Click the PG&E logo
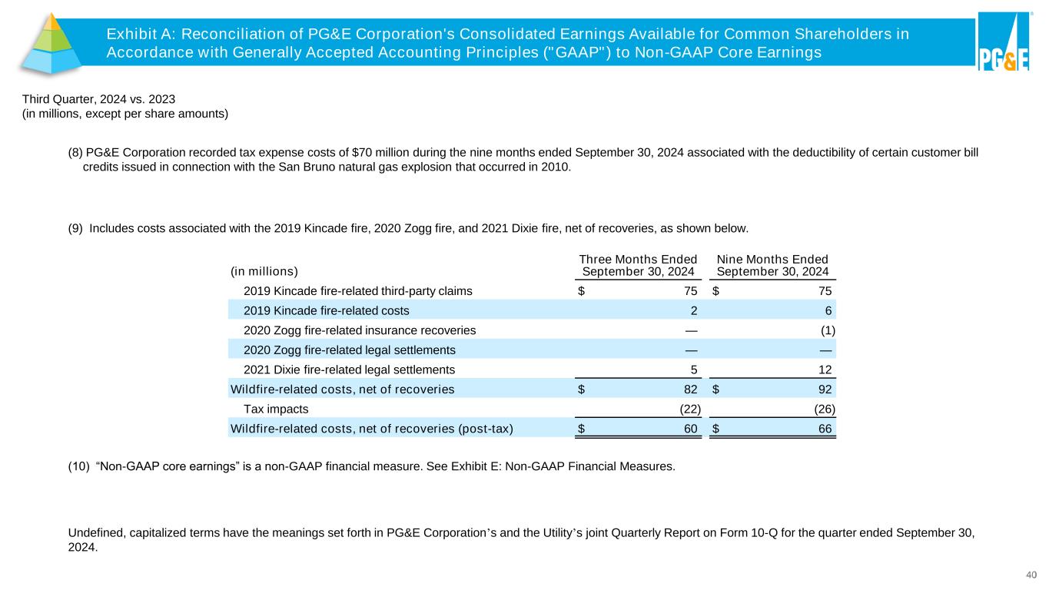[x=1003, y=42]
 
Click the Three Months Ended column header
[x=638, y=266]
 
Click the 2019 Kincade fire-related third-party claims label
[x=357, y=290]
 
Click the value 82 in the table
[x=690, y=389]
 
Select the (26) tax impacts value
[x=824, y=409]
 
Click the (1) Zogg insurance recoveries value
[x=827, y=330]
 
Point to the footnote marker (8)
[x=75, y=152]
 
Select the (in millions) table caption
[x=264, y=271]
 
